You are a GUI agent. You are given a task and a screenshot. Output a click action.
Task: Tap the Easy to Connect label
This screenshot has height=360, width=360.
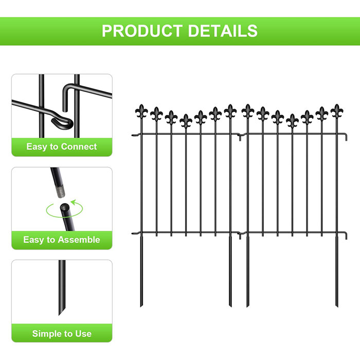point(62,147)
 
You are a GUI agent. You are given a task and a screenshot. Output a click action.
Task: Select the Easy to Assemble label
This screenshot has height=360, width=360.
point(62,240)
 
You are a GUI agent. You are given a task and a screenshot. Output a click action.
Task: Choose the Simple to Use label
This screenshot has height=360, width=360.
point(62,333)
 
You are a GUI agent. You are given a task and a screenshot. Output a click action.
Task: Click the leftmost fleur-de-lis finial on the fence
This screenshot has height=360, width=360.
point(141,111)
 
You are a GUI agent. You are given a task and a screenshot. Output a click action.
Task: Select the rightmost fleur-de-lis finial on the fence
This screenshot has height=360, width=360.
point(337,111)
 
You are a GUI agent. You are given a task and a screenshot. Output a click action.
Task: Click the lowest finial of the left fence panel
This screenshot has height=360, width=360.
point(186,120)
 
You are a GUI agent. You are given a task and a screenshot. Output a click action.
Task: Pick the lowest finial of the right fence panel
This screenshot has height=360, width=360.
point(292,120)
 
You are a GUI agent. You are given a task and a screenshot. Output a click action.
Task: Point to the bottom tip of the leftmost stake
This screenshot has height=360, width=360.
point(141,307)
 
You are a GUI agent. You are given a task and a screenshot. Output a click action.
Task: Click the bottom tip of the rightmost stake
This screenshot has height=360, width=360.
point(337,307)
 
